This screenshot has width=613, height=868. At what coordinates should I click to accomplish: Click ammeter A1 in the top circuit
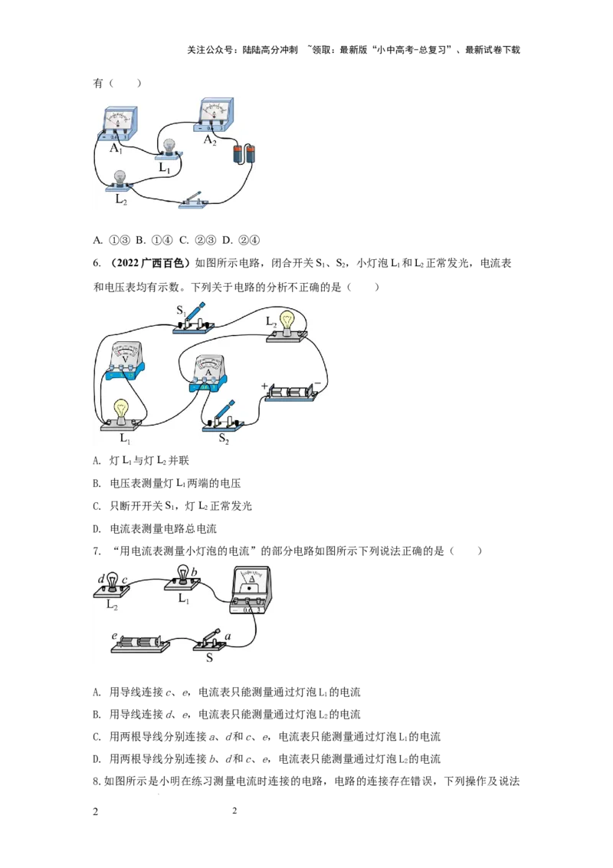(x=119, y=123)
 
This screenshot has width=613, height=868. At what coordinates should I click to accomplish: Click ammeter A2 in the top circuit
(x=214, y=116)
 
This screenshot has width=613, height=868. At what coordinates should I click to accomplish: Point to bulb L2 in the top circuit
(x=120, y=182)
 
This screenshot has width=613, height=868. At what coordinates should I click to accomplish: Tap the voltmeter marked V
(x=124, y=361)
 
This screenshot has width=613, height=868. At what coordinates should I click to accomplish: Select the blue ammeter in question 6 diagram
(x=208, y=375)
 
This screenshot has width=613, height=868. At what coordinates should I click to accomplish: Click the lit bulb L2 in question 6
(x=287, y=327)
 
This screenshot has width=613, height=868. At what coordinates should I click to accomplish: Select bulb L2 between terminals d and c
(x=112, y=585)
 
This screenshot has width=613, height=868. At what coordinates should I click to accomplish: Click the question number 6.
(x=97, y=264)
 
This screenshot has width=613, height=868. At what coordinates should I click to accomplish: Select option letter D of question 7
(x=97, y=759)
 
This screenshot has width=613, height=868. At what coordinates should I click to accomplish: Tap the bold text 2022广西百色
(x=150, y=264)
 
